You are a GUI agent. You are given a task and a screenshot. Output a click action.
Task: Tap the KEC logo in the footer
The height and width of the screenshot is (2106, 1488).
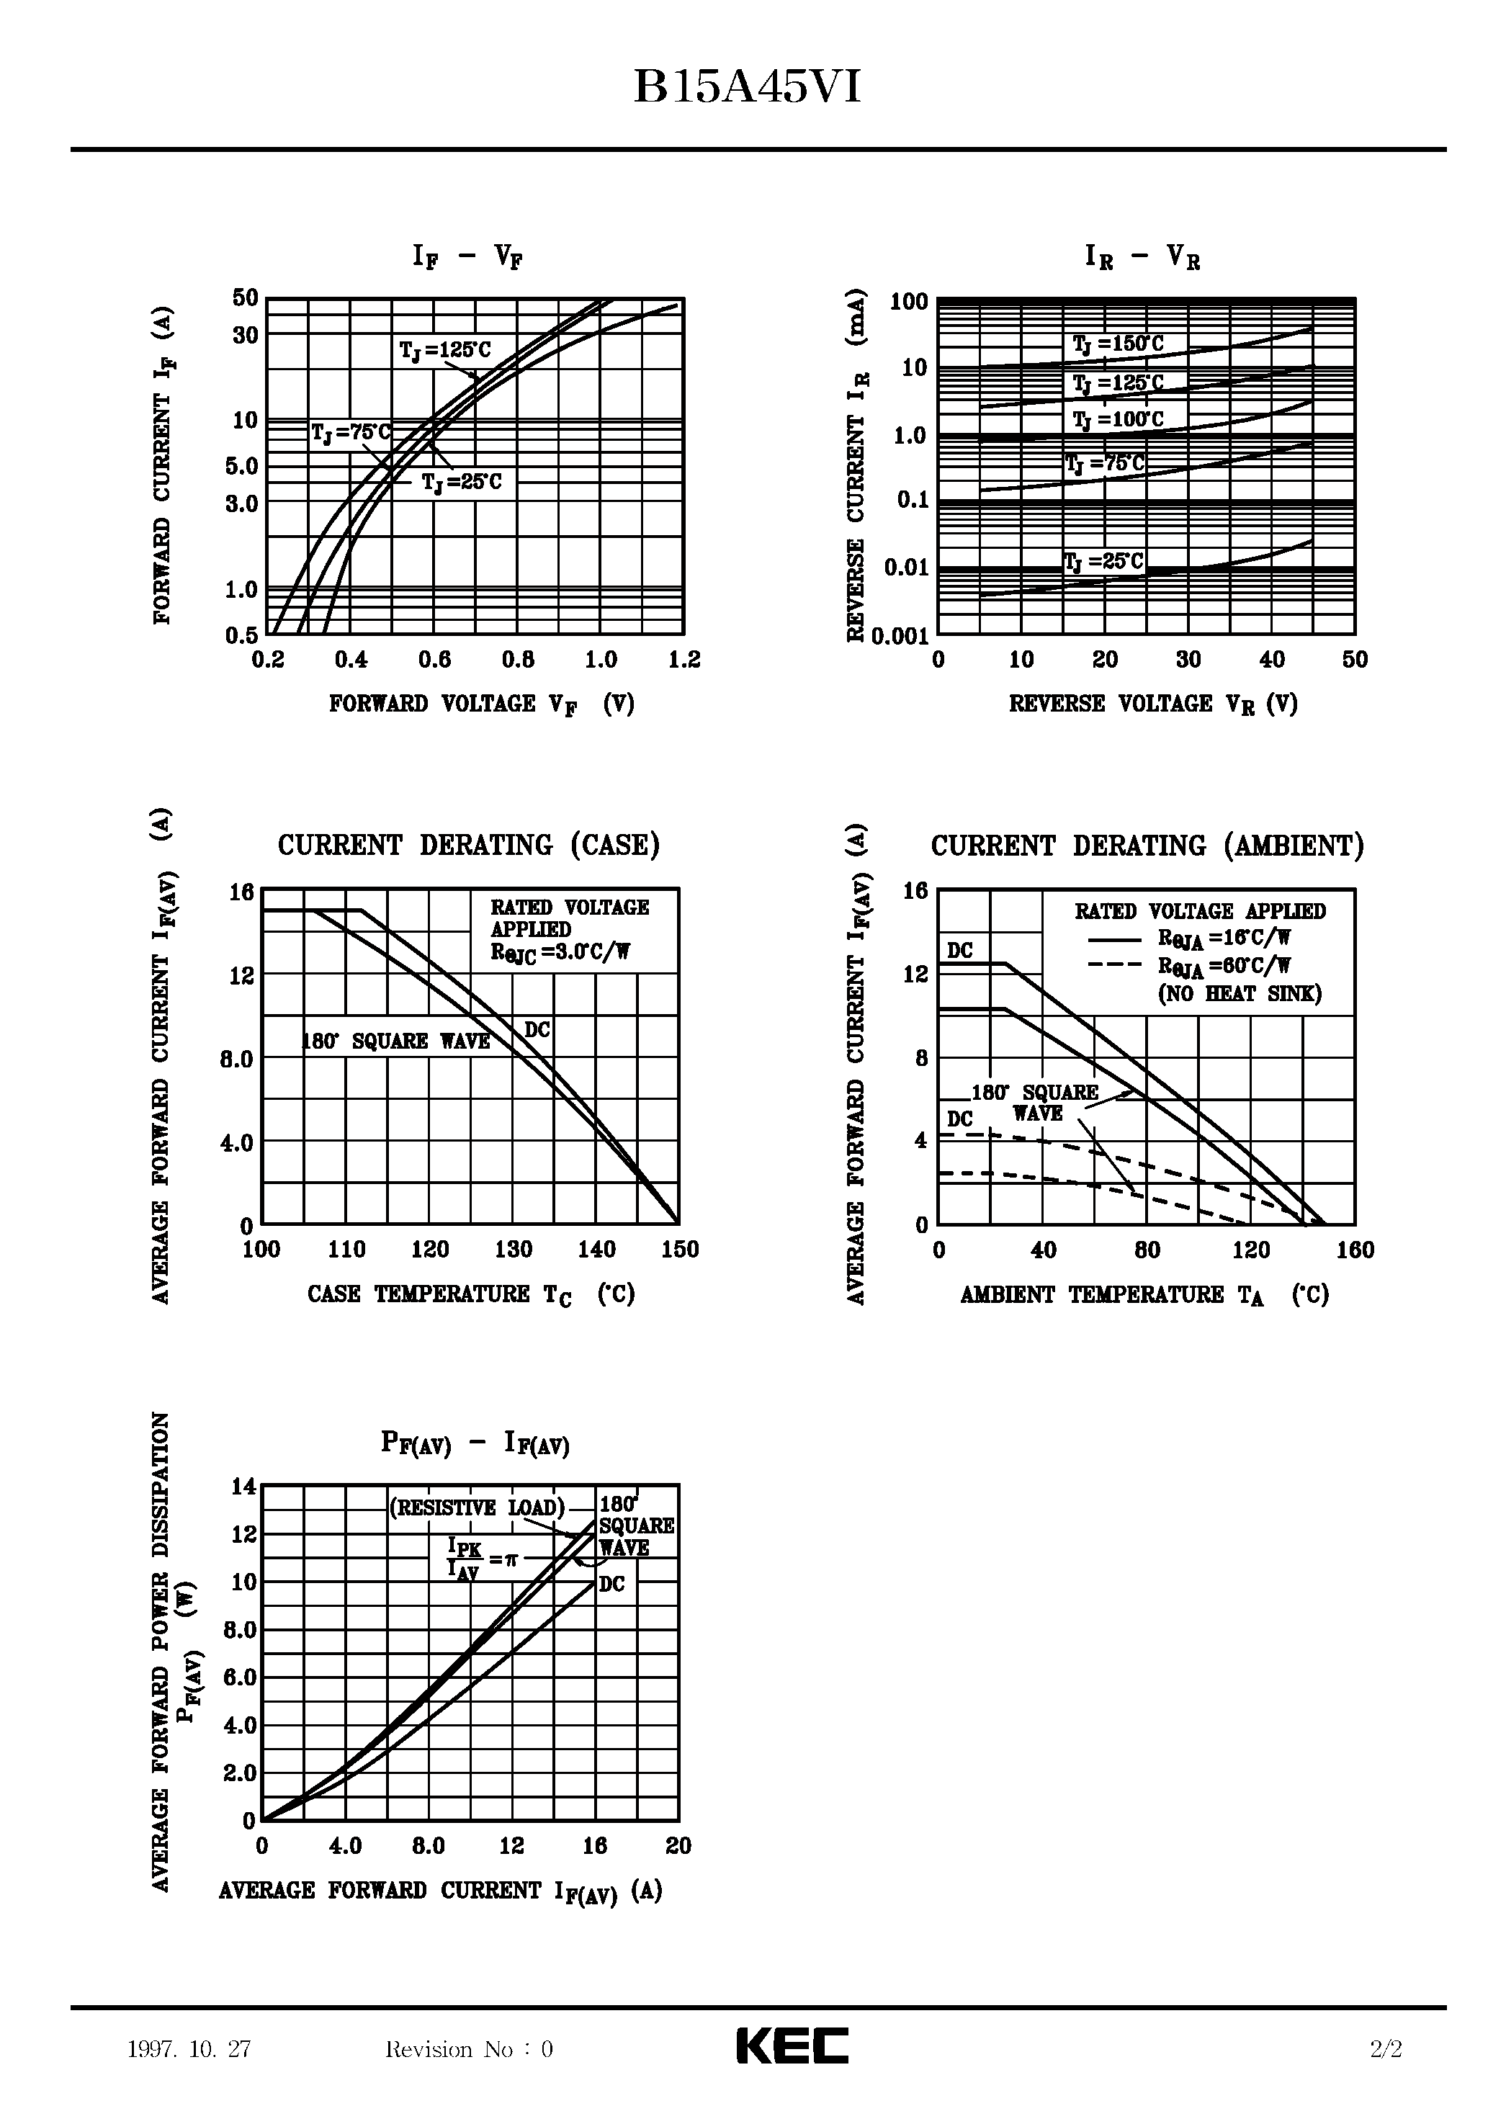(x=793, y=2045)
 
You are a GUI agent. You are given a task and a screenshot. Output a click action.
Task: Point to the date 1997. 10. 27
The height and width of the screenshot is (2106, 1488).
(x=190, y=2049)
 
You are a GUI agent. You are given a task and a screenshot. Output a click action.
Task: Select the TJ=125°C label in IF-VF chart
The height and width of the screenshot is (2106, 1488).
(x=445, y=350)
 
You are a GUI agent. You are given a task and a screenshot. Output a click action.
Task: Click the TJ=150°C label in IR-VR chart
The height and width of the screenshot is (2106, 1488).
(x=1117, y=345)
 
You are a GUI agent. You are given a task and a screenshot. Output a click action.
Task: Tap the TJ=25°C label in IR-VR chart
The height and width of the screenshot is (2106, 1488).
(x=1103, y=561)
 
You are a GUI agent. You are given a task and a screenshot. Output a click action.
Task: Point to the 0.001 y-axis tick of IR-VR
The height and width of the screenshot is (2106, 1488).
(x=900, y=636)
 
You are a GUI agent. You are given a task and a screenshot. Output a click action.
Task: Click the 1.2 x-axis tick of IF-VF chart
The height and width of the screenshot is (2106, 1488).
(x=684, y=660)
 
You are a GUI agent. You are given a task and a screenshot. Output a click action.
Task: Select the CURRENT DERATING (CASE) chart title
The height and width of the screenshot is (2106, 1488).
(x=469, y=845)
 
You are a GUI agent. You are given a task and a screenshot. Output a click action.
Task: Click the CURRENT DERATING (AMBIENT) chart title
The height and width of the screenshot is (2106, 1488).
(x=1147, y=846)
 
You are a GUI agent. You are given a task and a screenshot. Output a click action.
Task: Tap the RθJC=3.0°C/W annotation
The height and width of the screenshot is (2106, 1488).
(x=560, y=952)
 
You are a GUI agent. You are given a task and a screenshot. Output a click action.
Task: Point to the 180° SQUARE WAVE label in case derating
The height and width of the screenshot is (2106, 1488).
(x=396, y=1041)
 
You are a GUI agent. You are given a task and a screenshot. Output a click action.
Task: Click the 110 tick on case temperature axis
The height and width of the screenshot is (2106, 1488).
(x=346, y=1250)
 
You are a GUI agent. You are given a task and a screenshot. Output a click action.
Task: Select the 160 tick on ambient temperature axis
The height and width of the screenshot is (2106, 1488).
(x=1355, y=1250)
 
